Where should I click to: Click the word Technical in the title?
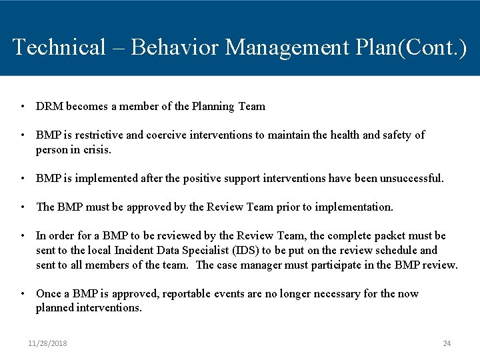pos(59,47)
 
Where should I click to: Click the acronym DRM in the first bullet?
pos(49,106)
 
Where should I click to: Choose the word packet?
pos(396,235)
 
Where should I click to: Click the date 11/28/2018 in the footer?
pos(47,343)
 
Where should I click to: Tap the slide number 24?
pos(447,343)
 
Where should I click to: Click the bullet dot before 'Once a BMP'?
pos(23,293)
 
